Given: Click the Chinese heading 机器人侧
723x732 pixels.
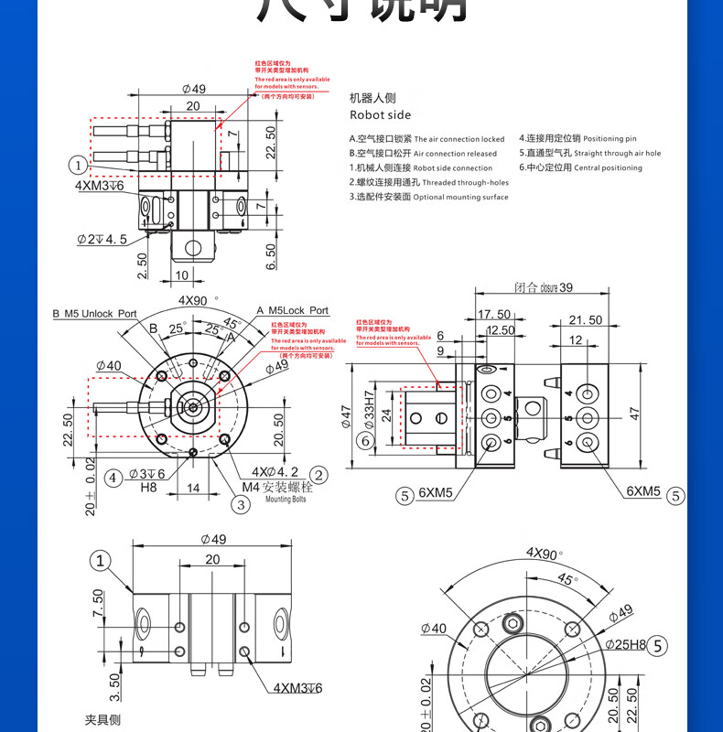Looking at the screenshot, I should pyautogui.click(x=372, y=97).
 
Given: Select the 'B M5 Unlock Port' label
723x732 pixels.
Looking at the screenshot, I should pyautogui.click(x=94, y=313).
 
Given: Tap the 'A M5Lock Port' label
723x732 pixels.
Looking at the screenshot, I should pyautogui.click(x=292, y=311).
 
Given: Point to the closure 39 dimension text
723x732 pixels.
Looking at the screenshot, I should pyautogui.click(x=544, y=287).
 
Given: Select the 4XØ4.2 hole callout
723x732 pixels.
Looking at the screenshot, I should pyautogui.click(x=276, y=472).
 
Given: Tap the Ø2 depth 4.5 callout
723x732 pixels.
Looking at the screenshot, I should pyautogui.click(x=102, y=239).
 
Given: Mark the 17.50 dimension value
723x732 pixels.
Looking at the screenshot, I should pyautogui.click(x=494, y=315).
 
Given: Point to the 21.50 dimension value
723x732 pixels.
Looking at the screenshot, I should pyautogui.click(x=585, y=319).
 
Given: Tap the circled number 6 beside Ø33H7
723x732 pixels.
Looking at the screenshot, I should pyautogui.click(x=365, y=441).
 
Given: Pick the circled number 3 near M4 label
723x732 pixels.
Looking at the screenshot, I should pyautogui.click(x=241, y=503).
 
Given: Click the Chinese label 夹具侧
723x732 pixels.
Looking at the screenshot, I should pyautogui.click(x=103, y=720).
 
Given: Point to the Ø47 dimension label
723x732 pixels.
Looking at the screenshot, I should pyautogui.click(x=347, y=417).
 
